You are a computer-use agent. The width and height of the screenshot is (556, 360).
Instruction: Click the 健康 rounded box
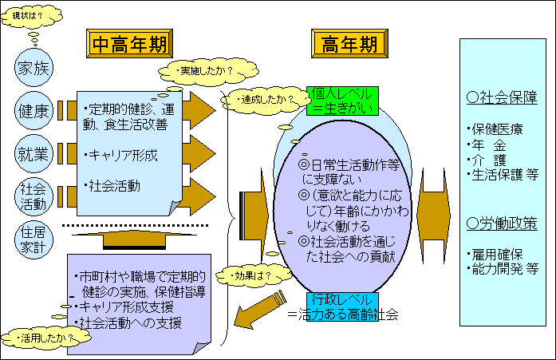coord(34,111)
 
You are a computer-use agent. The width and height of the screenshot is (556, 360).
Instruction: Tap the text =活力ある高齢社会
coord(343,314)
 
